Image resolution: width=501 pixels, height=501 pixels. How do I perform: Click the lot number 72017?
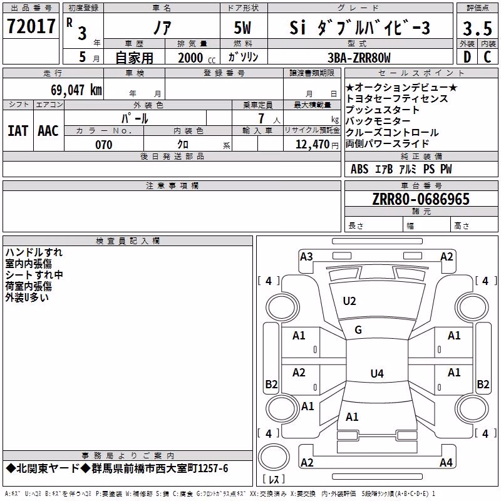(x=31, y=26)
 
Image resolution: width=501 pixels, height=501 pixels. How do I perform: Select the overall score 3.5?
(x=477, y=28)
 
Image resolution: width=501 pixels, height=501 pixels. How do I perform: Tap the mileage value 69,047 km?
(x=76, y=90)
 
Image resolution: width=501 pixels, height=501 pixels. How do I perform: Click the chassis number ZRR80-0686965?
(x=421, y=199)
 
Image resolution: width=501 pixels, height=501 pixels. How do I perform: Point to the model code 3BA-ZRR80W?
(x=359, y=58)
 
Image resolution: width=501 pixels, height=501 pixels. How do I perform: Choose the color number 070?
(x=104, y=145)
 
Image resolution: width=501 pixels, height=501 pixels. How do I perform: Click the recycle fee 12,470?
(x=312, y=144)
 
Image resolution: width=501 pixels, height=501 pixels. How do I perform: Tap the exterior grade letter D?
(x=467, y=57)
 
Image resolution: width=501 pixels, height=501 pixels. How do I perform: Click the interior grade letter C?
(x=487, y=57)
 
